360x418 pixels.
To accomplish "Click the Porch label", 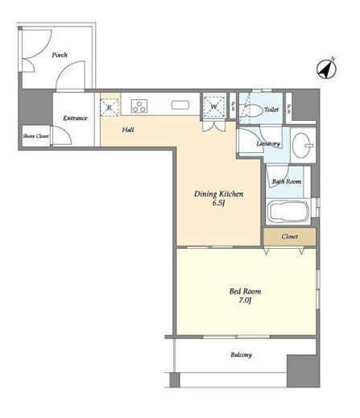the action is pyautogui.click(x=60, y=55).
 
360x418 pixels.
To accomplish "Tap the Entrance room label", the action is pyautogui.click(x=75, y=118).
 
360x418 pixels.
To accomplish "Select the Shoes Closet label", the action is pyautogui.click(x=35, y=136).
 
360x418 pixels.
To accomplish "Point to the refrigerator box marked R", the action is pyautogui.click(x=110, y=107).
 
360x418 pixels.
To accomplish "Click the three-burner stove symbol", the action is pyautogui.click(x=139, y=106).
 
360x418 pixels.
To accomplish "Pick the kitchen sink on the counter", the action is pyautogui.click(x=180, y=105).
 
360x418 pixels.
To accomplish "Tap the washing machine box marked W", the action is pyautogui.click(x=214, y=107).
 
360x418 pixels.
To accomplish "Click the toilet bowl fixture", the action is pyautogui.click(x=254, y=110).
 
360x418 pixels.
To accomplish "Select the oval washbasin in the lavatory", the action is pyautogui.click(x=303, y=145).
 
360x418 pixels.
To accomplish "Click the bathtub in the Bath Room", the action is pyautogui.click(x=288, y=212).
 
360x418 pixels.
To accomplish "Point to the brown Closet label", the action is pyautogui.click(x=290, y=237).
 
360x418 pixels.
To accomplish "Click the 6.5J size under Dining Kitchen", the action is pyautogui.click(x=218, y=203).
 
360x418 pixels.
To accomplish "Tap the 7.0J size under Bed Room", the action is pyautogui.click(x=245, y=300).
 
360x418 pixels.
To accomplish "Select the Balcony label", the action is pyautogui.click(x=241, y=355).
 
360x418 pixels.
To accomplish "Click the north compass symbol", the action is pyautogui.click(x=326, y=68).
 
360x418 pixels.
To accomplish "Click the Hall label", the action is pyautogui.click(x=128, y=130).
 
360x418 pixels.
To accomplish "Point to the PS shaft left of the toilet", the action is pyautogui.click(x=233, y=106).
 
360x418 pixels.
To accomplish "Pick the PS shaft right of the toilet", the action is pyautogui.click(x=289, y=108).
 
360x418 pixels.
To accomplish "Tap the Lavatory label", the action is pyautogui.click(x=268, y=143).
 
